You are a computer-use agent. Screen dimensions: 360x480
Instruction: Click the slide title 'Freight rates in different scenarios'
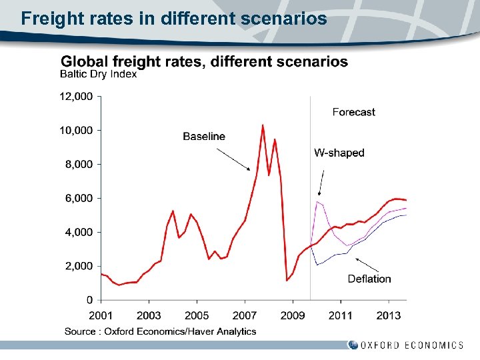click(x=173, y=18)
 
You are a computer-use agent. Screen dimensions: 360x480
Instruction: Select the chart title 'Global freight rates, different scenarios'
click(x=204, y=62)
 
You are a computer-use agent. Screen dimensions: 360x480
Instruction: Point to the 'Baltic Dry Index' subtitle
click(x=99, y=75)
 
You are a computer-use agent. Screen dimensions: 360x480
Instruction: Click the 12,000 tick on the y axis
click(x=76, y=97)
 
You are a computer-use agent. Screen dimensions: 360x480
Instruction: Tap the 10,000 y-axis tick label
click(x=76, y=130)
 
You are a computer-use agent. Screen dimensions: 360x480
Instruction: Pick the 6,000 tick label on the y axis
click(x=79, y=198)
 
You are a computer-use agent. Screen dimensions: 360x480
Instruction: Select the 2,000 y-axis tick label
click(x=79, y=266)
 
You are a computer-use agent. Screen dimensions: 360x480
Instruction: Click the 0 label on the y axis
click(x=89, y=300)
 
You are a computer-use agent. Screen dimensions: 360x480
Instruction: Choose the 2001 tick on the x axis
click(x=101, y=315)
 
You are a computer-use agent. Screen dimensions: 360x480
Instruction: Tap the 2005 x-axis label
click(x=197, y=315)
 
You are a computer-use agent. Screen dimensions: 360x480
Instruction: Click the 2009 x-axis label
click(x=293, y=315)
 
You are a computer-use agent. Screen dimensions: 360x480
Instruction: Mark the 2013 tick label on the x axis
click(x=389, y=315)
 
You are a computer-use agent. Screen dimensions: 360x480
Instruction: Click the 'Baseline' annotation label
click(x=204, y=137)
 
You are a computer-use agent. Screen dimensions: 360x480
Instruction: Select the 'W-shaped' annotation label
click(x=339, y=153)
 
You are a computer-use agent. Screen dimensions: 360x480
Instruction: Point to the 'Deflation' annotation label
click(x=369, y=279)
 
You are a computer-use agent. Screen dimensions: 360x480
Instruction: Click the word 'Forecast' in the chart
click(x=354, y=113)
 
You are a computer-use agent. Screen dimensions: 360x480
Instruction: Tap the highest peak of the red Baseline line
click(x=263, y=125)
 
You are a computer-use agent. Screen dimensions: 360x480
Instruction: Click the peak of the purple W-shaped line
click(x=318, y=201)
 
